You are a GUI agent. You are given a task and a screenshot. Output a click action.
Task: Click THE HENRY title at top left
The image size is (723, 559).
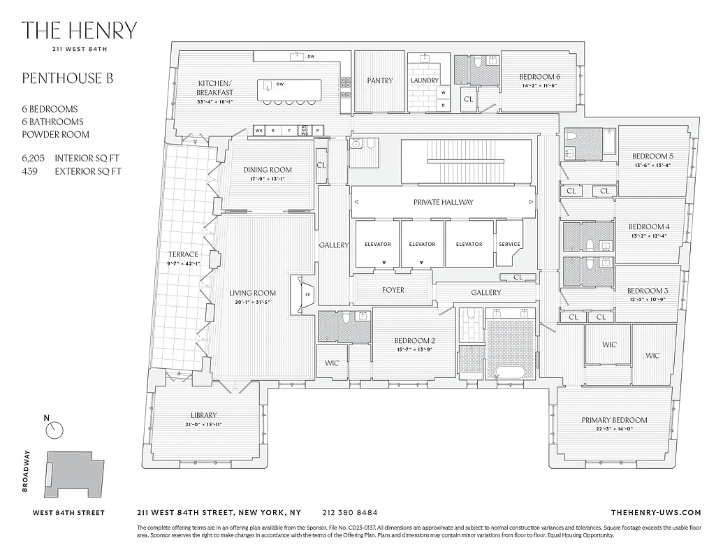79,31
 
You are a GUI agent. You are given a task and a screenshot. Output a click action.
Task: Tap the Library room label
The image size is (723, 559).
204,415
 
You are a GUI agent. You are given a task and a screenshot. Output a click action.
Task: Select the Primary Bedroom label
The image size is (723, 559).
614,420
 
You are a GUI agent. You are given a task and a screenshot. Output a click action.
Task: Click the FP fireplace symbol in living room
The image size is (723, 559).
307,294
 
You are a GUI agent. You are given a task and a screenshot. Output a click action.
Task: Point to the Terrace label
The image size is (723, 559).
183,254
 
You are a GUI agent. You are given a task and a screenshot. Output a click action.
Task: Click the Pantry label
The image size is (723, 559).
379,81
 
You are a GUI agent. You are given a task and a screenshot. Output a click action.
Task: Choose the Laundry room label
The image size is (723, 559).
424,81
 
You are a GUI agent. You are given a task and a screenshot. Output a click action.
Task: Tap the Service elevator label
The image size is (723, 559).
509,244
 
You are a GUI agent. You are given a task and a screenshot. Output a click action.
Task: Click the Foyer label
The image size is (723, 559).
393,290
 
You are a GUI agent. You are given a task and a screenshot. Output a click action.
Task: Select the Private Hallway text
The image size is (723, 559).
443,202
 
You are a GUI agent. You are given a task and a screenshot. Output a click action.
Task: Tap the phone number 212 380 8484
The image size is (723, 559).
350,512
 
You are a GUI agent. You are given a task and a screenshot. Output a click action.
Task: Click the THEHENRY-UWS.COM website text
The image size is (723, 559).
655,512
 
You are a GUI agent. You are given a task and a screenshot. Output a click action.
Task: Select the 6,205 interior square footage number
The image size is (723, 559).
34,159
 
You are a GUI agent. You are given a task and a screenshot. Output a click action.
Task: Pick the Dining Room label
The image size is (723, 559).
268,170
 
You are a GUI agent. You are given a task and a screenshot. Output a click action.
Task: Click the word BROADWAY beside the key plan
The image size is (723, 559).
27,471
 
